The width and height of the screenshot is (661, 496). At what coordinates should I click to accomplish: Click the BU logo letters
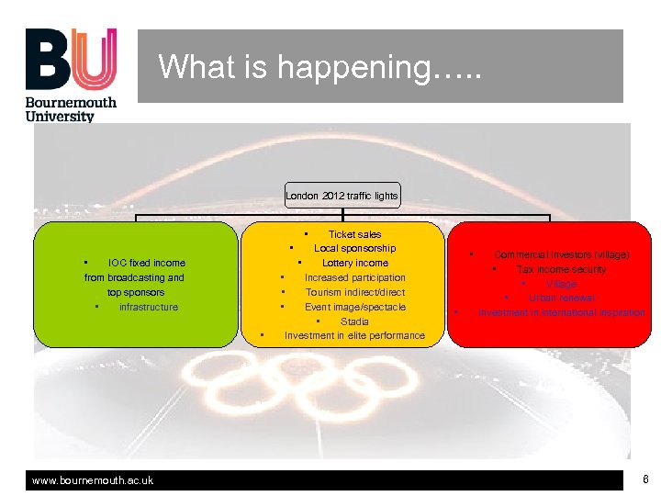click(x=71, y=60)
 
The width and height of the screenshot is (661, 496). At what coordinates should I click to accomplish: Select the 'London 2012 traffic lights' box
click(x=342, y=196)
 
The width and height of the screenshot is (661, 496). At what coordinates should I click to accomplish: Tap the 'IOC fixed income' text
click(x=146, y=263)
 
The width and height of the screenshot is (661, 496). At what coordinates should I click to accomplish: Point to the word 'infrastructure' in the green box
click(x=148, y=307)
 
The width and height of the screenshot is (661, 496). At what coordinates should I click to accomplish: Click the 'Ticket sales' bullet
click(x=354, y=234)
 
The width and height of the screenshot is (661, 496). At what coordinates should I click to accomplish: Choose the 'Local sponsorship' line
click(x=354, y=248)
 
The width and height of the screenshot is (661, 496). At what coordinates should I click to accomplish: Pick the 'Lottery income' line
click(x=354, y=263)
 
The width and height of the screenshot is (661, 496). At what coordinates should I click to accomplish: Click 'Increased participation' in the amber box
click(x=354, y=277)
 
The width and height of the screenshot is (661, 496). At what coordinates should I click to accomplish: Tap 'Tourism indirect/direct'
click(x=354, y=292)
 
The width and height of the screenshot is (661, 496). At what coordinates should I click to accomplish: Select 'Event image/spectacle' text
click(x=354, y=307)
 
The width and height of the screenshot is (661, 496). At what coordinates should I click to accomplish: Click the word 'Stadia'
click(x=354, y=321)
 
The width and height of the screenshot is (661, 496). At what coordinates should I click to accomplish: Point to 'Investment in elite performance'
click(x=354, y=336)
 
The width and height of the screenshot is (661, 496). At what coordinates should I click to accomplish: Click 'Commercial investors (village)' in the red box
click(x=561, y=254)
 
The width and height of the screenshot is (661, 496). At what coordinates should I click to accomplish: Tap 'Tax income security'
click(x=561, y=269)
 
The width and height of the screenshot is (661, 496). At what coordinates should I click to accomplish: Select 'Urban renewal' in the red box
click(x=561, y=298)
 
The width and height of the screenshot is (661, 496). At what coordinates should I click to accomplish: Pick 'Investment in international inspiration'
click(x=561, y=313)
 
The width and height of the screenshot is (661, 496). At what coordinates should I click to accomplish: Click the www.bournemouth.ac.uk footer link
click(x=93, y=480)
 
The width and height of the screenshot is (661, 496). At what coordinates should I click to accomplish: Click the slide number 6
click(x=645, y=479)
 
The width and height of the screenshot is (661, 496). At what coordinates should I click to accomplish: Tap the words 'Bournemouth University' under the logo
click(x=71, y=109)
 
